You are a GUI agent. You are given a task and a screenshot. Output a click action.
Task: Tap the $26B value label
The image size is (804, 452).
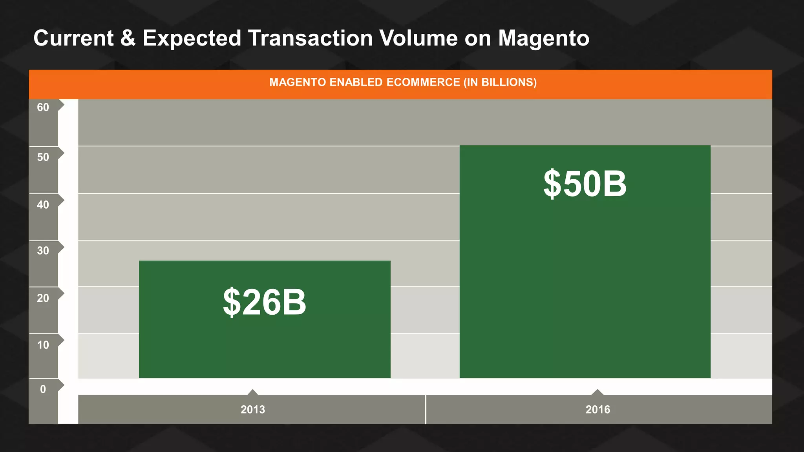point(264,302)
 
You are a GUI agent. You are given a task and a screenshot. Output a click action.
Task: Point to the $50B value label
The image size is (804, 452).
point(585,184)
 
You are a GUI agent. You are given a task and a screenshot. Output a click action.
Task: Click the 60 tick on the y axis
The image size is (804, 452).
point(43,108)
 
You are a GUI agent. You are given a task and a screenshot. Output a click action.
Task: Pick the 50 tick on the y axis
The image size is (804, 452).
point(43,157)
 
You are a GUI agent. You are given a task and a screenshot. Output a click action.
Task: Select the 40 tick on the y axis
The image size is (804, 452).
point(43,205)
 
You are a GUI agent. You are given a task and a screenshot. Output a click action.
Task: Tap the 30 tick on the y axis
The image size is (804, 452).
point(43,251)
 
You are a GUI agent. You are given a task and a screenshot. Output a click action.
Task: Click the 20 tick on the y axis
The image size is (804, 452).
point(43,298)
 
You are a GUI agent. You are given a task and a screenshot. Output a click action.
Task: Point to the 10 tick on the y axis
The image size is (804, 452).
point(43,345)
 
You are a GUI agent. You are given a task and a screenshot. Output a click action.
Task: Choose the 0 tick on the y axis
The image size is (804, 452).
point(43,389)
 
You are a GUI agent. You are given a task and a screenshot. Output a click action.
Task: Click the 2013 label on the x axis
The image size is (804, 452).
point(253,410)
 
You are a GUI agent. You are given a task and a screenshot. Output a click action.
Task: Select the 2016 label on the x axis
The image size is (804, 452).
point(598,410)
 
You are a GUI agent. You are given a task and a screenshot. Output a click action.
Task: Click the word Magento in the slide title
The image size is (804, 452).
point(544,38)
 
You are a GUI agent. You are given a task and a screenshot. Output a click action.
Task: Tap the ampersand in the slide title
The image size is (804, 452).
point(128,38)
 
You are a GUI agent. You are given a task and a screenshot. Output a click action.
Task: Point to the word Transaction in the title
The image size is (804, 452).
point(310,38)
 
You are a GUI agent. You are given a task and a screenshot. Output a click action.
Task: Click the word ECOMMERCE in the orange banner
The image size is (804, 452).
point(423,82)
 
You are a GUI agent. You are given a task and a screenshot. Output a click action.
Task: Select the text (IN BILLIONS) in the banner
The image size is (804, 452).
point(500,82)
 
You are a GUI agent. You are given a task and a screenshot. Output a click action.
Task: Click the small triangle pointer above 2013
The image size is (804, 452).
point(253,392)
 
